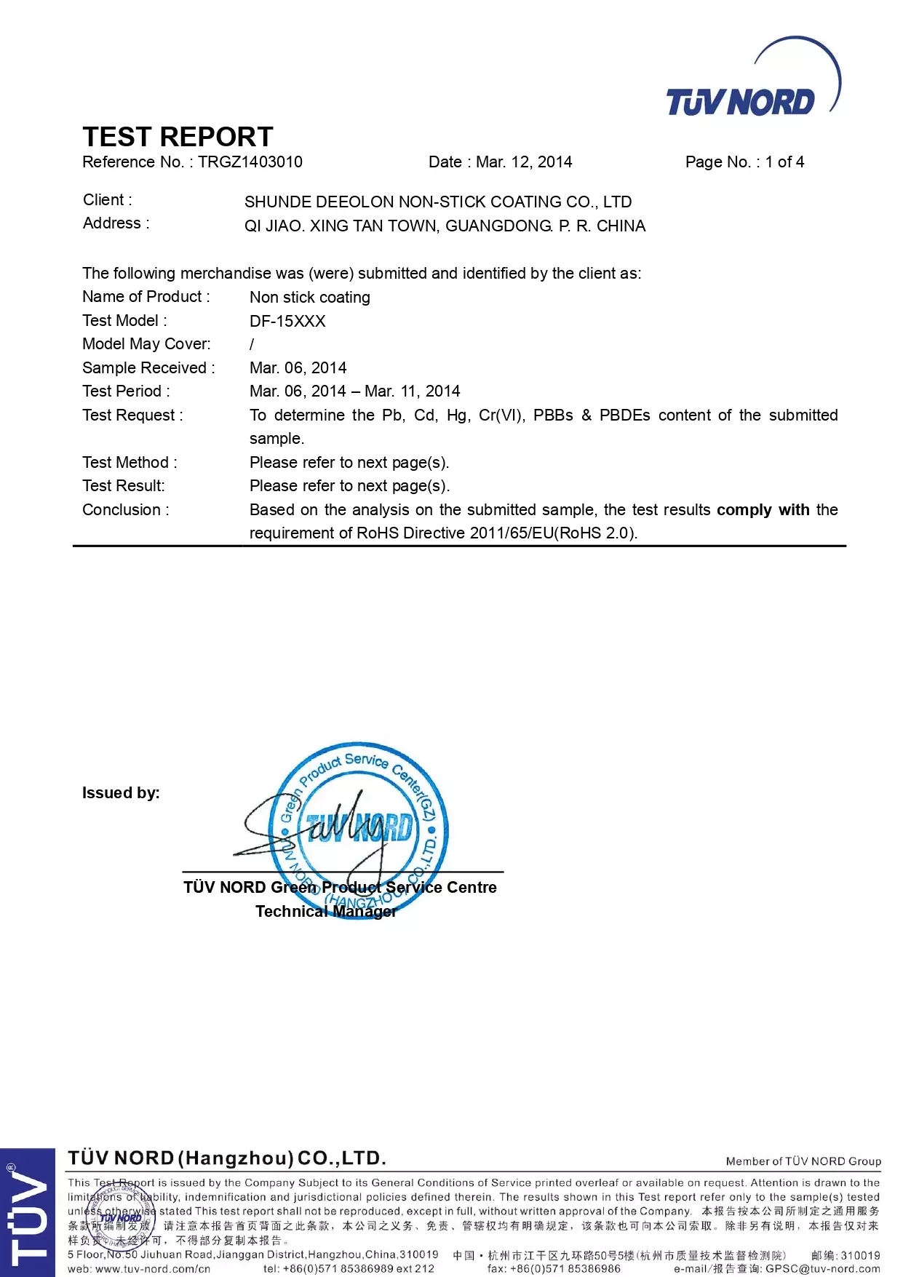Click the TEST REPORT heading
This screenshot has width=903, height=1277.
tap(178, 137)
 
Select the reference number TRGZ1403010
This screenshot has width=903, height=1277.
tap(250, 162)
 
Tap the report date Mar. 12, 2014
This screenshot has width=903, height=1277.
tap(524, 162)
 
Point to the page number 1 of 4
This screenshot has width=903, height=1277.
tap(784, 162)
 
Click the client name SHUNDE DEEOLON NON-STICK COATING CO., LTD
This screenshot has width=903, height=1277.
tap(438, 202)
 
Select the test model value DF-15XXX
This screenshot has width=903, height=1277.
tap(287, 322)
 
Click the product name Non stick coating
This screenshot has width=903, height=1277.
tap(310, 298)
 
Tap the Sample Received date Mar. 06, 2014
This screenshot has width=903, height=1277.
tap(298, 368)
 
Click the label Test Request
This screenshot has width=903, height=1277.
tap(132, 415)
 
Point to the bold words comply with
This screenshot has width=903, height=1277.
tap(763, 510)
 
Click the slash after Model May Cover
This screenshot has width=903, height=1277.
tap(252, 344)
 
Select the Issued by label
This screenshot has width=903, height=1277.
tap(121, 793)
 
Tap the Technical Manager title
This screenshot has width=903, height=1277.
tap(326, 912)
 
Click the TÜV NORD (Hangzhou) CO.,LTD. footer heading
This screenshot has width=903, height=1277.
tap(227, 1158)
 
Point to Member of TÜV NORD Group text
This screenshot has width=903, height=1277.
tap(803, 1161)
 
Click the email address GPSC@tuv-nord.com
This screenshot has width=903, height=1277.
tap(822, 1269)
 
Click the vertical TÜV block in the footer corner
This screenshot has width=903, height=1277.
tap(27, 1212)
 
